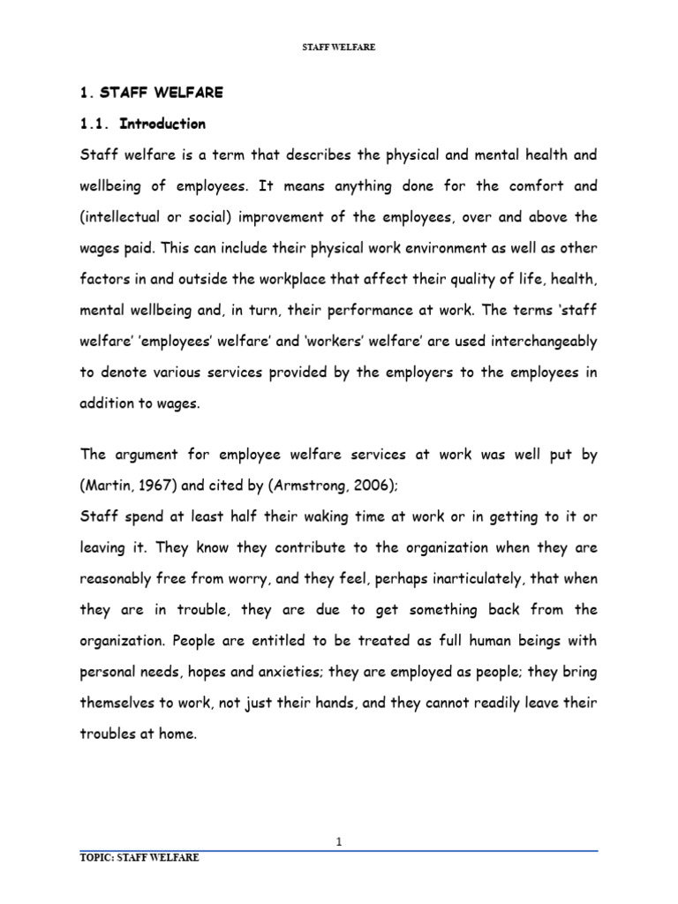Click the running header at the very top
pos(339,48)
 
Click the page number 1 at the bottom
pos(339,842)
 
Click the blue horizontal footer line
pos(339,851)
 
